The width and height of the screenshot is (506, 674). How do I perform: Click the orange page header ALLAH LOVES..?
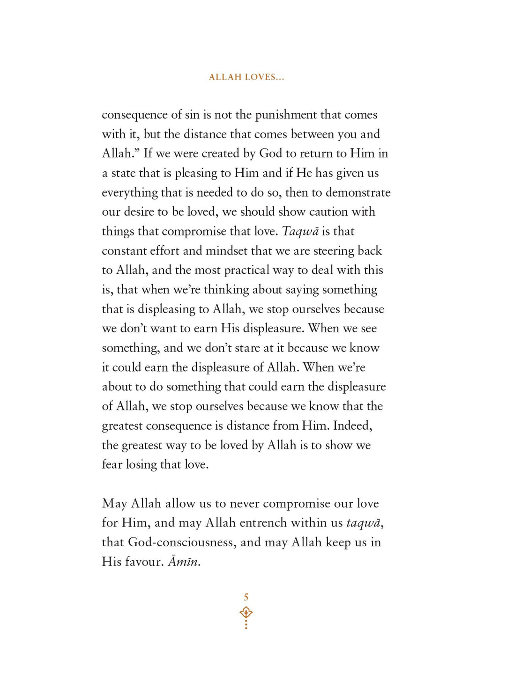(246, 77)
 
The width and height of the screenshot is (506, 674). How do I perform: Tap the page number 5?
(246, 597)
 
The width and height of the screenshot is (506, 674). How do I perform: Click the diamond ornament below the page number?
(246, 612)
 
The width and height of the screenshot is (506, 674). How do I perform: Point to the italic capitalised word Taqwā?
(300, 232)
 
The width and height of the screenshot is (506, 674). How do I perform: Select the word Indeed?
(352, 426)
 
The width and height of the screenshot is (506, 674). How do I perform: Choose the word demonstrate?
(358, 193)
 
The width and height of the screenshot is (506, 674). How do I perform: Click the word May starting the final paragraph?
(114, 504)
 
